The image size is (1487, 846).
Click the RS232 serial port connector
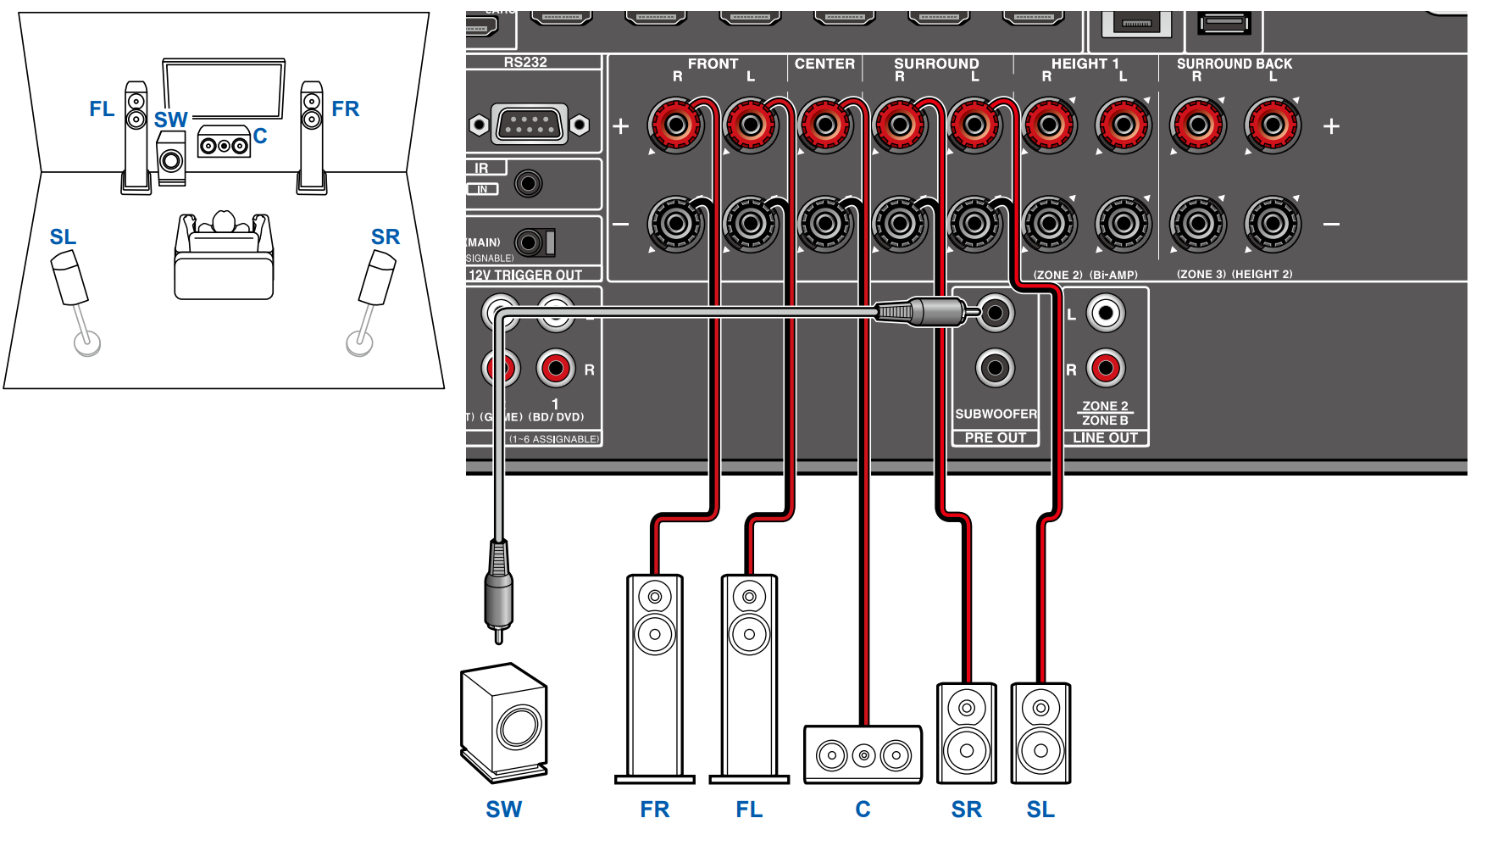point(530,125)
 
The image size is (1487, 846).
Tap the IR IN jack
point(529,183)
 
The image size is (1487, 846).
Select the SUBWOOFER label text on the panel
point(996,414)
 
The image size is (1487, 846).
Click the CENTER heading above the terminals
point(824,64)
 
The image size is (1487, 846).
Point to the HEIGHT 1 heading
point(1085,64)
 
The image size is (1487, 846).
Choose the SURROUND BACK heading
point(1234,64)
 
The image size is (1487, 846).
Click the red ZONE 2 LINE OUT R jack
point(1106,368)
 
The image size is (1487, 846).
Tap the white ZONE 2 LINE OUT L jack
point(1106,313)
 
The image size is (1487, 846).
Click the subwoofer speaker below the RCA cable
point(504,721)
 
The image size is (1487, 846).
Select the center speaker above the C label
point(863,754)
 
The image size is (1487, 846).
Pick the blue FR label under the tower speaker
point(654,810)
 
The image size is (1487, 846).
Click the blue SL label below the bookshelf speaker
point(1040,810)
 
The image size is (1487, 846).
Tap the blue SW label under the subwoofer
point(503,810)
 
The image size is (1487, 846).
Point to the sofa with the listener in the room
point(224,259)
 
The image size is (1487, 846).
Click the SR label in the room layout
point(385,237)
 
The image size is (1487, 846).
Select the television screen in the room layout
point(225,89)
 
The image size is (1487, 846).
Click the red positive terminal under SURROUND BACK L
point(1273,125)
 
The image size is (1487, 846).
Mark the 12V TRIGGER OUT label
point(525,275)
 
